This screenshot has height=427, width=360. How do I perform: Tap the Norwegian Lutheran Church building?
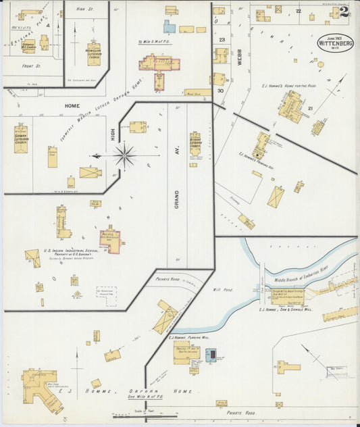coord(93,53)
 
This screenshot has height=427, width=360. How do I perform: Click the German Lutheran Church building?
coord(21,138)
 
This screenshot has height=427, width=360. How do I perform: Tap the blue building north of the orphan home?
coord(168,27)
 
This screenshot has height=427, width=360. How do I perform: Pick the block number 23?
coord(222,40)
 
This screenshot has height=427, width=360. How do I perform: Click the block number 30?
coord(220,90)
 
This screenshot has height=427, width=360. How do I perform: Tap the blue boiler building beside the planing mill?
coord(211,355)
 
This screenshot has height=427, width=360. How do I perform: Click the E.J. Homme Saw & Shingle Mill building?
coord(287,296)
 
